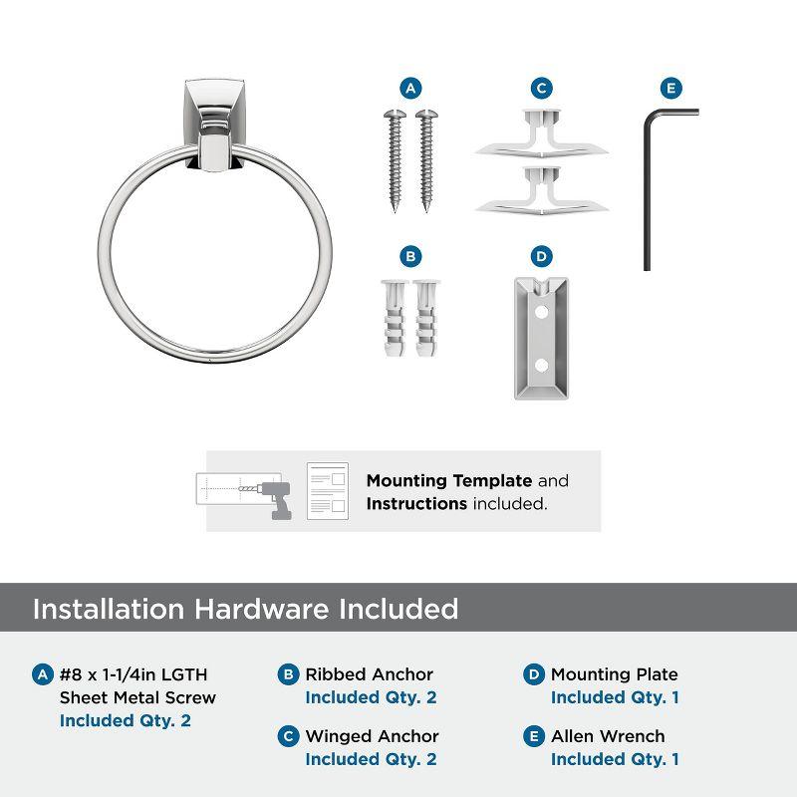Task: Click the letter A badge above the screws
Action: point(409,89)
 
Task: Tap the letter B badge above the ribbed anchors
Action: point(409,257)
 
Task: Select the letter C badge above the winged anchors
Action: point(541,89)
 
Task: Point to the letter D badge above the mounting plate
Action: point(541,257)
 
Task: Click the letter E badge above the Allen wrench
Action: point(670,89)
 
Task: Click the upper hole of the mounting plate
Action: point(541,312)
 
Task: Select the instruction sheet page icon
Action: point(327,491)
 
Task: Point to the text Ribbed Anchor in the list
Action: point(370,674)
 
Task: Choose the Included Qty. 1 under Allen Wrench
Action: point(615,759)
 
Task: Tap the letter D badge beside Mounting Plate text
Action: point(534,674)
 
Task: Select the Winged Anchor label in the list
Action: point(372,736)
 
